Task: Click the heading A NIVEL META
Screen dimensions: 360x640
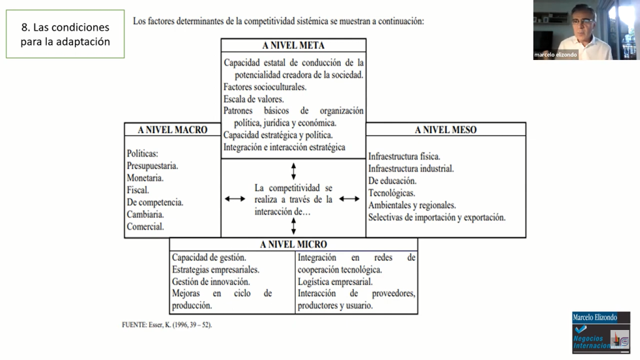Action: [293, 46]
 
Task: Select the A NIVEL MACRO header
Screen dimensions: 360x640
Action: [172, 130]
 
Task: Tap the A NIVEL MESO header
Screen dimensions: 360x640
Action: [446, 130]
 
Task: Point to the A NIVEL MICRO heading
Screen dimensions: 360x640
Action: [293, 244]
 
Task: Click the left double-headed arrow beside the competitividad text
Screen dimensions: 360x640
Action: [235, 199]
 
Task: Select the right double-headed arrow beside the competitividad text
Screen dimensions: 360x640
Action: [349, 199]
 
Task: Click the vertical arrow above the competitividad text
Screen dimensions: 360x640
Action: [293, 171]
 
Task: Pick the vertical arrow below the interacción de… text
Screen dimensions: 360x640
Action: [293, 226]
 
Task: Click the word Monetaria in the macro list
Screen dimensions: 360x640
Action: [145, 178]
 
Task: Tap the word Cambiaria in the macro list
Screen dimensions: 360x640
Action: [145, 214]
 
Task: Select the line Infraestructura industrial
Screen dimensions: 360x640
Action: [411, 169]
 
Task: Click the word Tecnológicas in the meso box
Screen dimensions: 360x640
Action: [391, 193]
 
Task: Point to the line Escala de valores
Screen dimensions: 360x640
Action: [254, 99]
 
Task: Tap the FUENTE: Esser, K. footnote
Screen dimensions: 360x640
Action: [167, 325]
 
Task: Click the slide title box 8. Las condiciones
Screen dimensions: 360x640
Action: [65, 35]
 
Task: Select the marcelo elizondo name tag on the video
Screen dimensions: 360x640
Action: [556, 54]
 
